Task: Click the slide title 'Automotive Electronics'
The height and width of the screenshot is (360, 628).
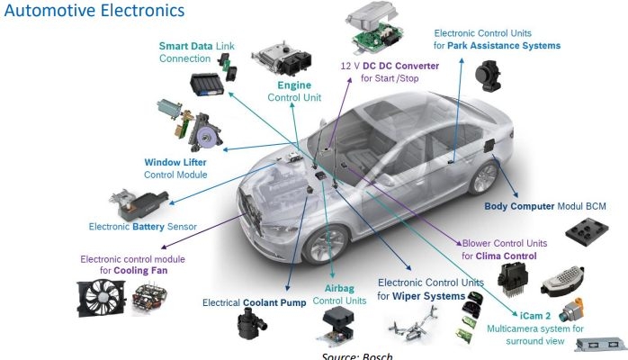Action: [94, 10]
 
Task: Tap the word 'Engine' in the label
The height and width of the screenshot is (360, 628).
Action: [294, 85]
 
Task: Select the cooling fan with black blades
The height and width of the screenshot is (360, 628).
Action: [102, 298]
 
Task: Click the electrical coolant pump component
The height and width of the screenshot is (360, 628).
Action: [250, 325]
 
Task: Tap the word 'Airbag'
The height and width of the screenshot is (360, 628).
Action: [339, 288]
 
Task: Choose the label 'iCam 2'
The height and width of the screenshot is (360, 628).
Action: [535, 316]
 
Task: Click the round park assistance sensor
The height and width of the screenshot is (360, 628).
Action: [488, 76]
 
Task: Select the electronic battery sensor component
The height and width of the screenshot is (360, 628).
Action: [139, 204]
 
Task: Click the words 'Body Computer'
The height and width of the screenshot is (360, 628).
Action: [519, 206]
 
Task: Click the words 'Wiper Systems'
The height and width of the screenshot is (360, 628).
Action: [428, 296]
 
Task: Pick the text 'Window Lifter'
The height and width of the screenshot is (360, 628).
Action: [175, 162]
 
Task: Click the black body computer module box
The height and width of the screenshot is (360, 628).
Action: [587, 231]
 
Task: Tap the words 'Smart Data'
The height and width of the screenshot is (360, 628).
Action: [185, 46]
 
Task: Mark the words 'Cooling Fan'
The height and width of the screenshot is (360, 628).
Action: [140, 271]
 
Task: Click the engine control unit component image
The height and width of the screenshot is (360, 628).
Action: [282, 60]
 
